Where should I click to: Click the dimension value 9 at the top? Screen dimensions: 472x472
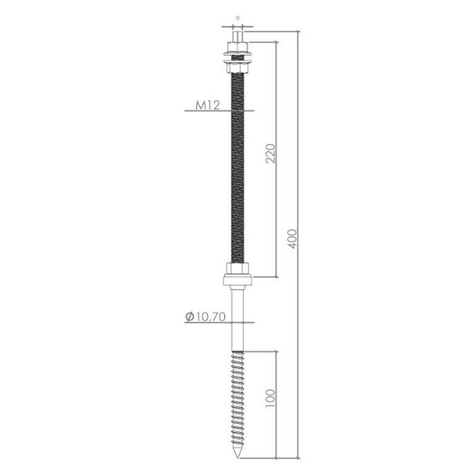tap(238, 19)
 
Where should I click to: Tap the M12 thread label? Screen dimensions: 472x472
tap(208, 106)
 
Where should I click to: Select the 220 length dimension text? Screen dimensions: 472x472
tap(270, 153)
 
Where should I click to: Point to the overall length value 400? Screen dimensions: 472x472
tap(292, 239)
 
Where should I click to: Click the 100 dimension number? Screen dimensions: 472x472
tap(270, 398)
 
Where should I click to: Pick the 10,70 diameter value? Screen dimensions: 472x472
tap(211, 317)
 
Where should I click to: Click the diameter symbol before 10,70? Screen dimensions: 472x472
tap(189, 317)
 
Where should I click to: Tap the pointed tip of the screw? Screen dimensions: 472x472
tap(238, 458)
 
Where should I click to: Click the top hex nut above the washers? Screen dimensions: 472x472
tap(238, 47)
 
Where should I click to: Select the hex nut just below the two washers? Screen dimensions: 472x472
tap(238, 68)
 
